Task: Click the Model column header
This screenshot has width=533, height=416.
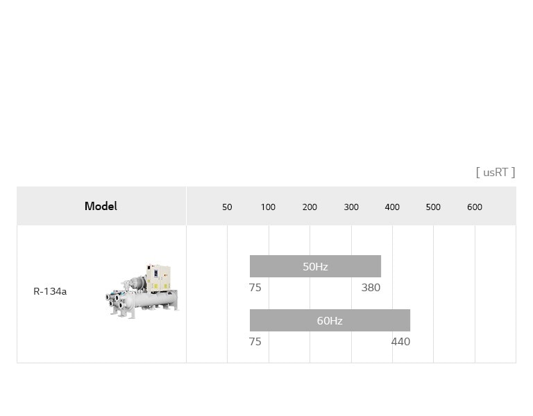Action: pos(101,206)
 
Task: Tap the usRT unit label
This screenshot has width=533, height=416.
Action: pos(496,172)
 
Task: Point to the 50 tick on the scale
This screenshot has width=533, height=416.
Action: pos(227,207)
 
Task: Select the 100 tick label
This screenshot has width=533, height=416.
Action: pos(268,207)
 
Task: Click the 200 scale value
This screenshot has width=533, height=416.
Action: pos(310,207)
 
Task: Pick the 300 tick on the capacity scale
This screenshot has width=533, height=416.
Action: pos(351,207)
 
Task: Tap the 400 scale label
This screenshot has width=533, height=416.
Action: pos(392,207)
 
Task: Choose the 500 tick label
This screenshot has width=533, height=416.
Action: pos(433,207)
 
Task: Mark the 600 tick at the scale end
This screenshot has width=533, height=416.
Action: pos(475,207)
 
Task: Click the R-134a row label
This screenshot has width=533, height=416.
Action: pos(50,291)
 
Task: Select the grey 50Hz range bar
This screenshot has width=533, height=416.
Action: pos(315,266)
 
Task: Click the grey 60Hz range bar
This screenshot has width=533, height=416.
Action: pos(330,320)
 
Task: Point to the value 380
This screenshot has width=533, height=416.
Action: pos(371,288)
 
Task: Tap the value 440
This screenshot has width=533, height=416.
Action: pos(400,342)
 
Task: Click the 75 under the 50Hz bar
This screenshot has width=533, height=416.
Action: pos(255,288)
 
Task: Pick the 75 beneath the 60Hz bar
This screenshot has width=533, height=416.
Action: pos(255,342)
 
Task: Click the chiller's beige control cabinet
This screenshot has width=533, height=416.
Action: pos(158,277)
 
